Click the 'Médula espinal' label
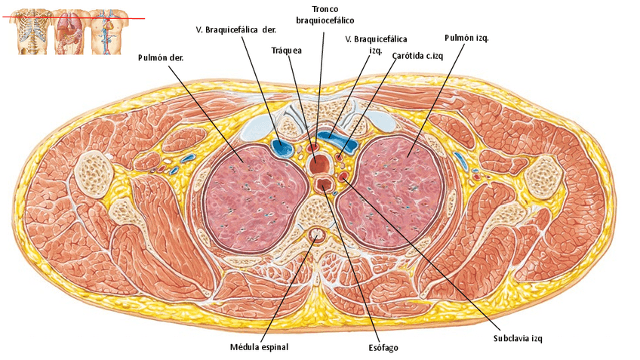click(259, 347)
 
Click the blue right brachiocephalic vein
click(283, 148)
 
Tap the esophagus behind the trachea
click(326, 184)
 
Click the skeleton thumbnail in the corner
click(29, 30)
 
